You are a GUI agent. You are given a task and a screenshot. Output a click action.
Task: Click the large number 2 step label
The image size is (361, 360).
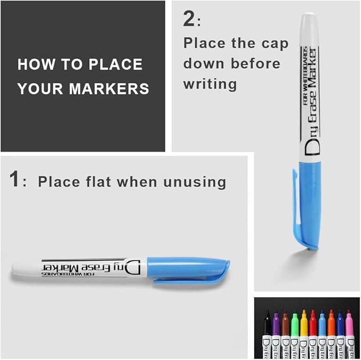tap(189, 19)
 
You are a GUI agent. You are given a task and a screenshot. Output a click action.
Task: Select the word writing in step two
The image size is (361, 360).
tap(210, 84)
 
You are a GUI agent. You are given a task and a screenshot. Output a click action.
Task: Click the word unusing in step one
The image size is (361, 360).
tap(193, 182)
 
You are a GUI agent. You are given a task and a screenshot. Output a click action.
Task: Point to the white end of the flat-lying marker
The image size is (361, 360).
tap(24, 269)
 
